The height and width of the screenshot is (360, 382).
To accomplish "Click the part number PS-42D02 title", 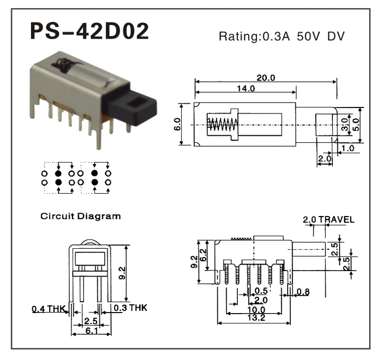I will pyautogui.click(x=89, y=32).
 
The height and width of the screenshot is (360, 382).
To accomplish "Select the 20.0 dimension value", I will pyautogui.click(x=266, y=77).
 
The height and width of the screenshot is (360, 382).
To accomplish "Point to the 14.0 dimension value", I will pyautogui.click(x=245, y=88).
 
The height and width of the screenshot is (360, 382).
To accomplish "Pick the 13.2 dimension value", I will pyautogui.click(x=253, y=318).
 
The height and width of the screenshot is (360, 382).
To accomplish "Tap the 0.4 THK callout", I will pyautogui.click(x=48, y=309).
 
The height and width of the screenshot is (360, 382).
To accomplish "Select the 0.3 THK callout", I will pyautogui.click(x=130, y=308).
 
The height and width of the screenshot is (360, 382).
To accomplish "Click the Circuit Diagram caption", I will pyautogui.click(x=81, y=216).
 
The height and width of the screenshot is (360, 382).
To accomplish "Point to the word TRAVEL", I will pyautogui.click(x=337, y=220).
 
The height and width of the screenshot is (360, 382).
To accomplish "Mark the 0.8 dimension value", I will pyautogui.click(x=303, y=292).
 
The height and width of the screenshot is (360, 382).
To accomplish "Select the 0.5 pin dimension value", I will pyautogui.click(x=261, y=291).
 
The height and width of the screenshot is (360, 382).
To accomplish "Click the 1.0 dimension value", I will pyautogui.click(x=348, y=148).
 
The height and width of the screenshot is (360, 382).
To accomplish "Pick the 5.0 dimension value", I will pyautogui.click(x=356, y=123).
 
